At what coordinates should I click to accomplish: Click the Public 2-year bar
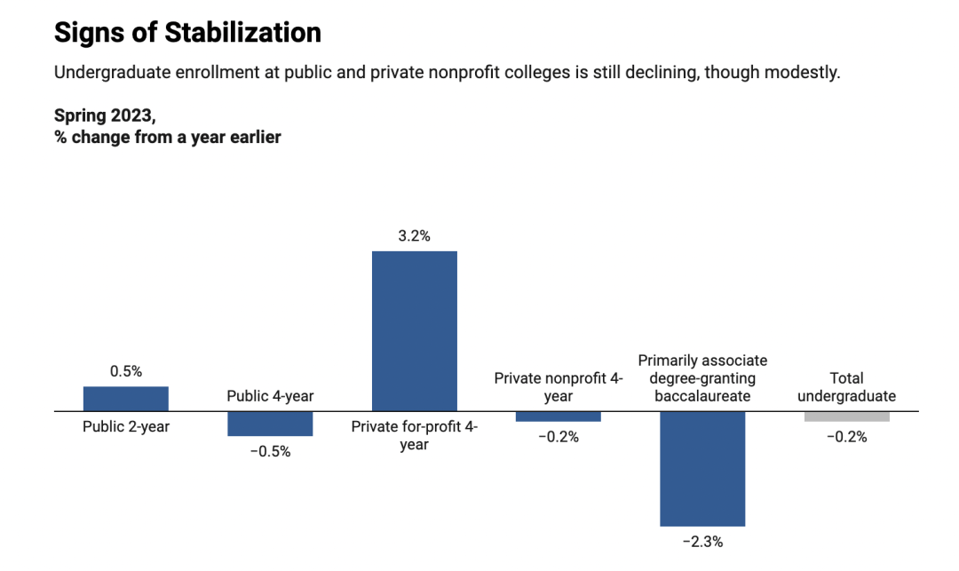coord(126,399)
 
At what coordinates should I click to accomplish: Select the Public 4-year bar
coord(270,424)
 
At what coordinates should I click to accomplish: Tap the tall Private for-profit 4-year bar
coord(414,331)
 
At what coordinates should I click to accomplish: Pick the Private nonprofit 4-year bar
coord(558,416)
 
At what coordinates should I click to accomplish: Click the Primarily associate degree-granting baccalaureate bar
coord(701,469)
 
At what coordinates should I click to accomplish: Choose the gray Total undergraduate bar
coord(846,416)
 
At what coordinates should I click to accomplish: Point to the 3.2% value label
coord(414,236)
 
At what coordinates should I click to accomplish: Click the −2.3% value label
coord(701,541)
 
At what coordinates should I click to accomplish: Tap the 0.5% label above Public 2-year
coord(126,371)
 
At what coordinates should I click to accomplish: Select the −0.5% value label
coord(270,451)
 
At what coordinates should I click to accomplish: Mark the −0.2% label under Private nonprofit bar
coord(558,436)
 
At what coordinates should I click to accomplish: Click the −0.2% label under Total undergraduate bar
coord(846,436)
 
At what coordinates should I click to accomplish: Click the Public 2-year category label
coord(126,426)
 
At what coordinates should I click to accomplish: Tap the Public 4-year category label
coord(270,396)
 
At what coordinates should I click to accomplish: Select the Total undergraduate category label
coord(846,387)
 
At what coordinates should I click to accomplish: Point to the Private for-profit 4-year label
coord(414,435)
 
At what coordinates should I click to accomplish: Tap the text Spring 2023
coord(104,116)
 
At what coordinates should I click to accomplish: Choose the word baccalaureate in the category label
coord(701,396)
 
